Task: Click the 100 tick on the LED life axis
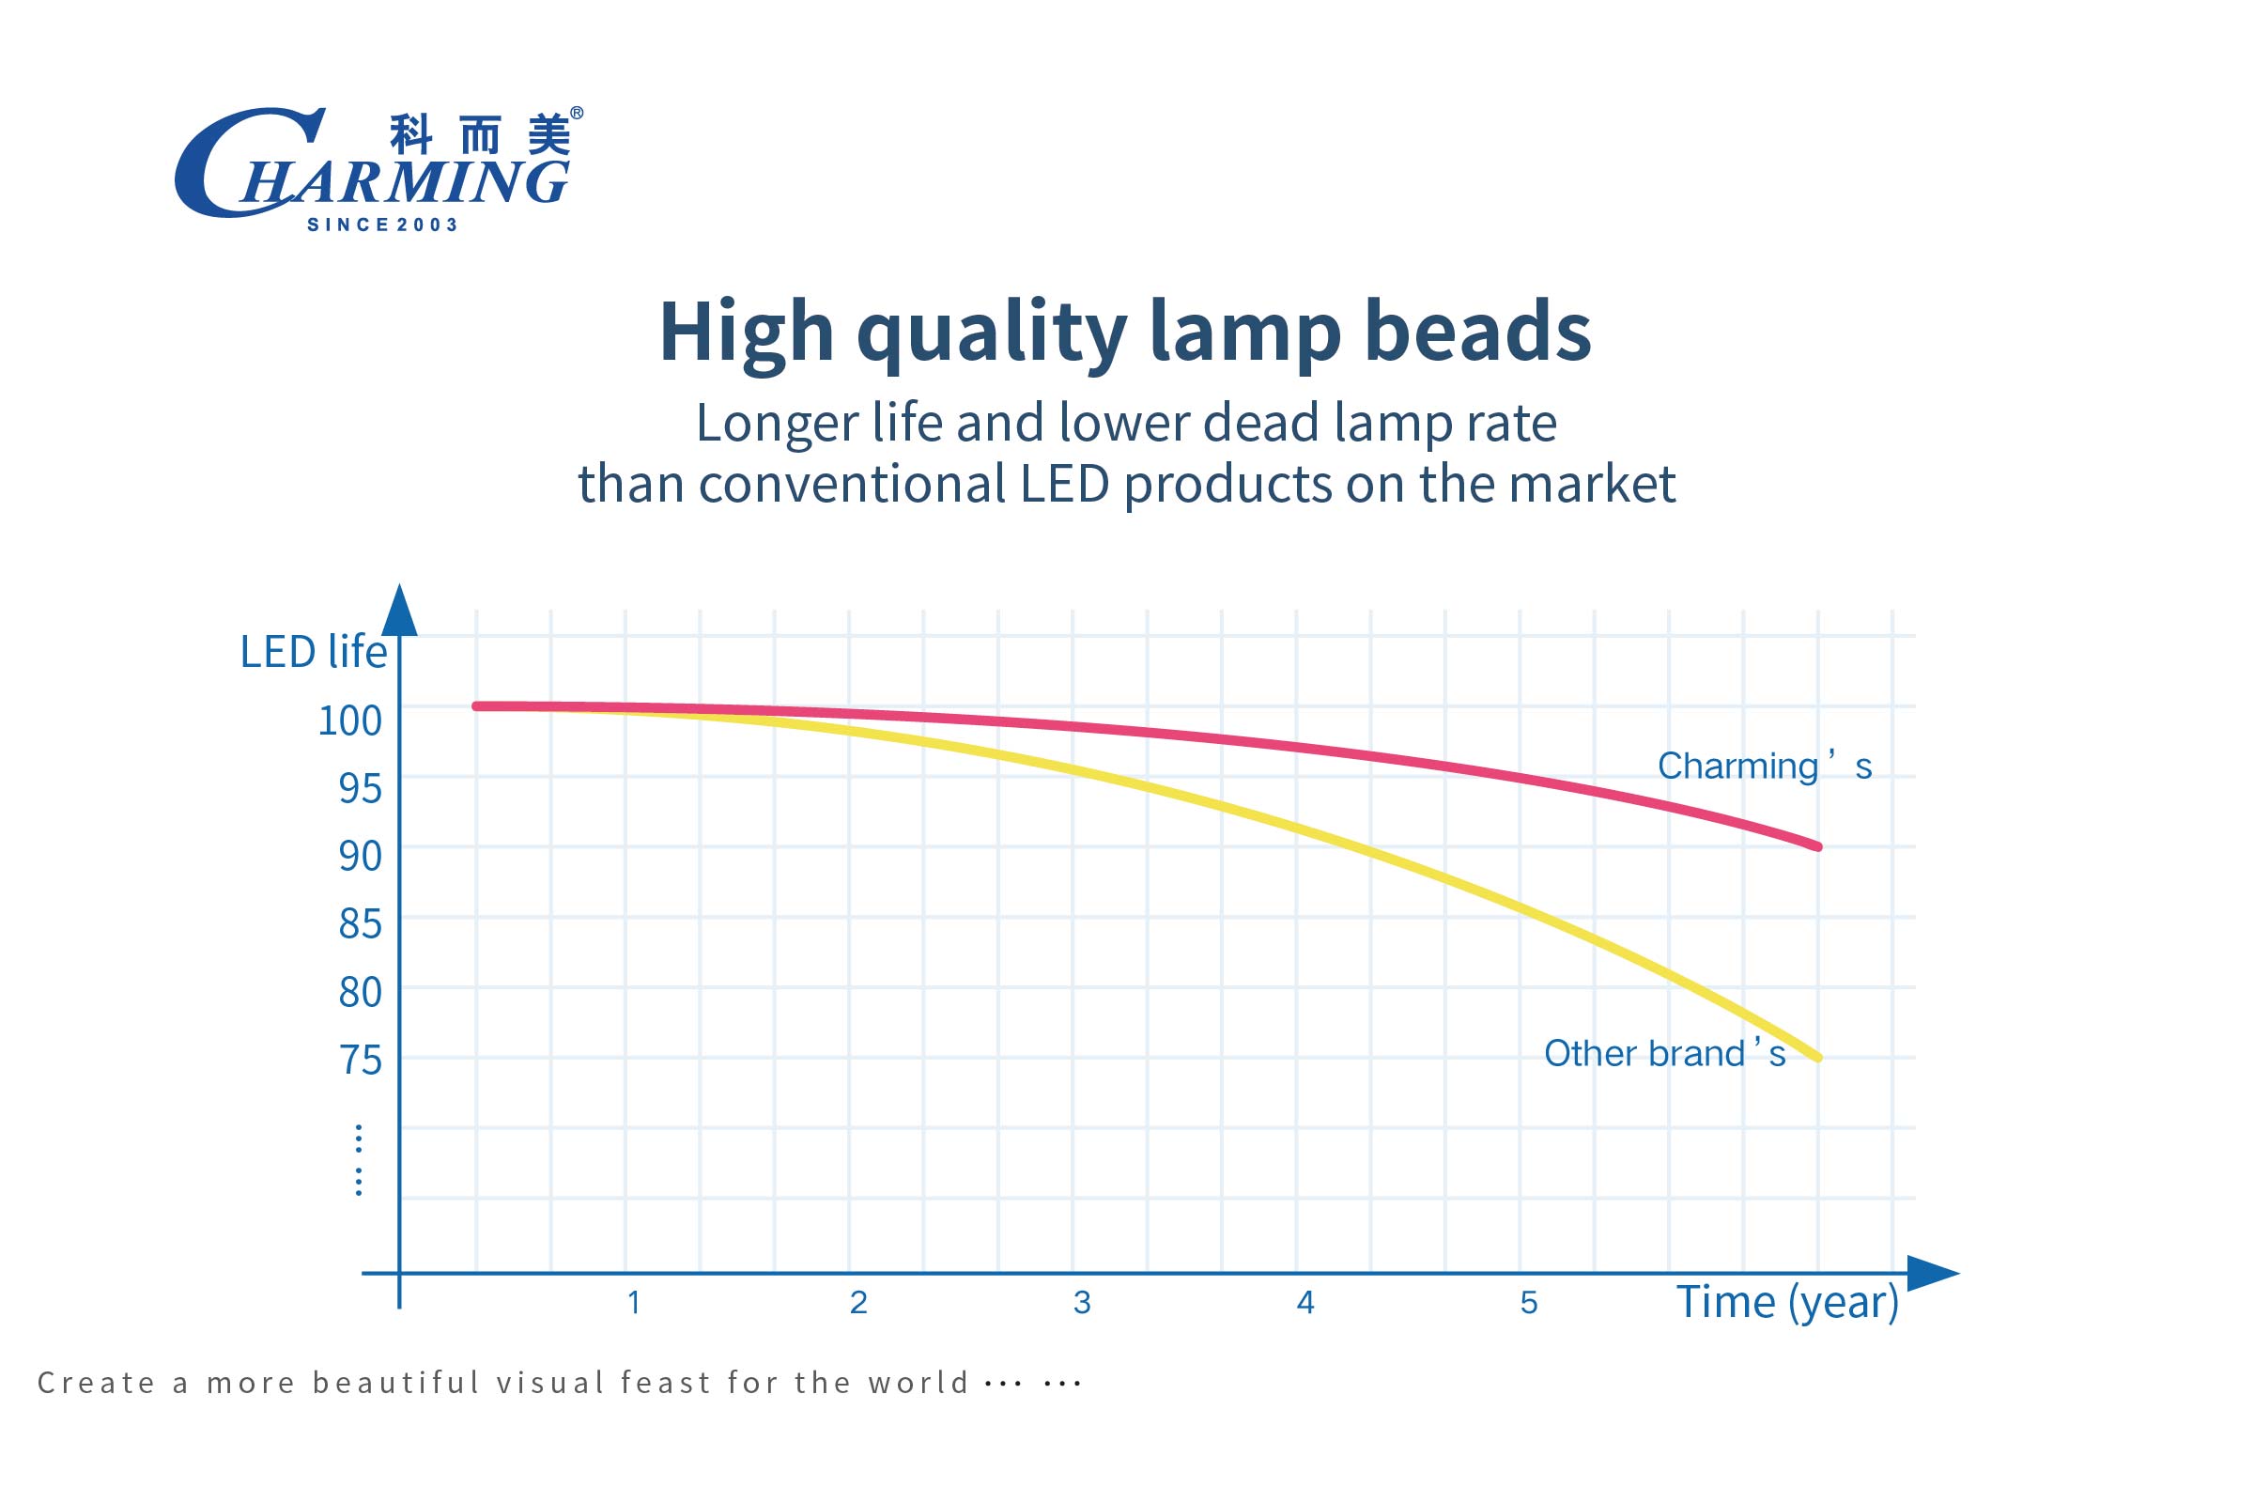(x=349, y=720)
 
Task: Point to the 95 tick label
(x=361, y=789)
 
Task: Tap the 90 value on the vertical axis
(x=361, y=857)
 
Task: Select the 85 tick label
(x=361, y=924)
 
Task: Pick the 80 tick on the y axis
(x=361, y=993)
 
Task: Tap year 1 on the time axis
(x=634, y=1303)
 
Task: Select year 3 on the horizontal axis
(x=1082, y=1303)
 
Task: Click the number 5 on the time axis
(x=1528, y=1303)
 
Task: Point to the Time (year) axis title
(x=1787, y=1303)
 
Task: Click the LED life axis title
(x=314, y=653)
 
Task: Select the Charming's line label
(x=1764, y=767)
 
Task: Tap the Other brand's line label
(x=1664, y=1054)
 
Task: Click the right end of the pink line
(x=1817, y=846)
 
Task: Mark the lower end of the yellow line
(x=1817, y=1058)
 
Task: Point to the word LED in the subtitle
(x=1063, y=484)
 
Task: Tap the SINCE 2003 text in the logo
(x=382, y=225)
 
